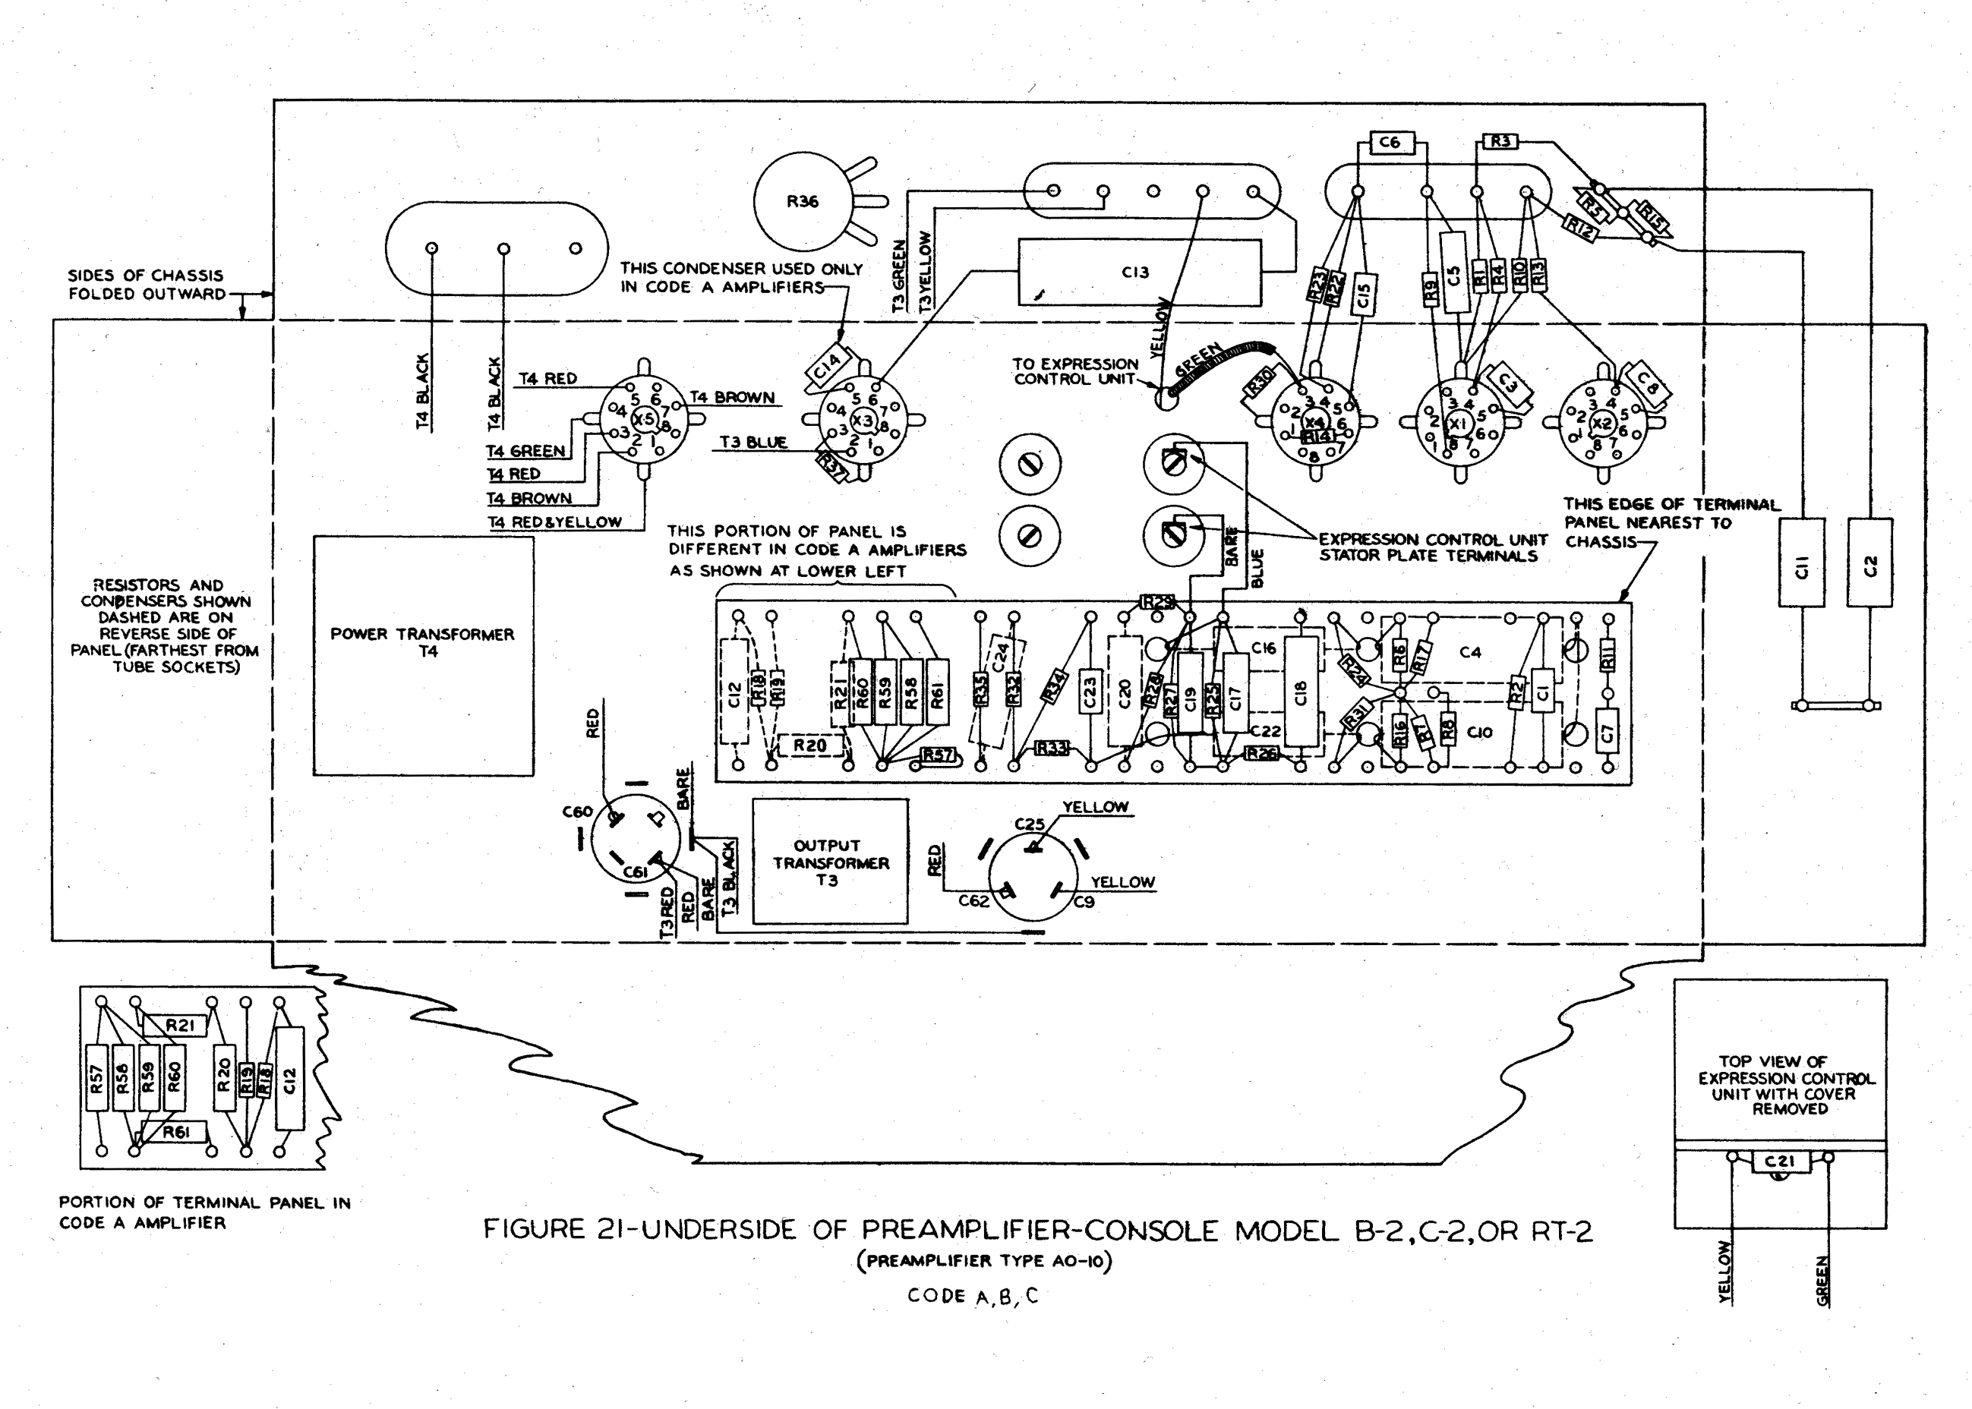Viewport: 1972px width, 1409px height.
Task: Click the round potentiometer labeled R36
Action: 802,201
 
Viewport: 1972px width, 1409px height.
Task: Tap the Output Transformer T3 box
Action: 829,862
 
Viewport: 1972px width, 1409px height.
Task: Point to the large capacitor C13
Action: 1138,273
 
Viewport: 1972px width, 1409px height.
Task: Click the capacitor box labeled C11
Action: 1801,563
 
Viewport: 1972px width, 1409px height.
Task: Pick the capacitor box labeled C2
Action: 1869,563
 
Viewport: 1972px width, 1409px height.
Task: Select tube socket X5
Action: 644,420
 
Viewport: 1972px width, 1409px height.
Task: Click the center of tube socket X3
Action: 863,421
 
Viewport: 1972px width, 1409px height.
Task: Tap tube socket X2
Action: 1602,424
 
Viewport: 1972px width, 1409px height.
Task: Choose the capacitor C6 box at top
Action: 1389,142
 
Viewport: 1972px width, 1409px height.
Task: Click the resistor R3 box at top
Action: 1501,140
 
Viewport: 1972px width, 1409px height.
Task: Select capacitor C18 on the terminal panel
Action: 1300,692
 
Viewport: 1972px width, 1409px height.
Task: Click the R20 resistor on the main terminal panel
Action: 809,745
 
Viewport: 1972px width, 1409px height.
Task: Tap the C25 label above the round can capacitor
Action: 1030,824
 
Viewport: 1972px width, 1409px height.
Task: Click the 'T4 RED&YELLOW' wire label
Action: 554,522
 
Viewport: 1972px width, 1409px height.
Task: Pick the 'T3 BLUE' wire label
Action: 753,443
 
